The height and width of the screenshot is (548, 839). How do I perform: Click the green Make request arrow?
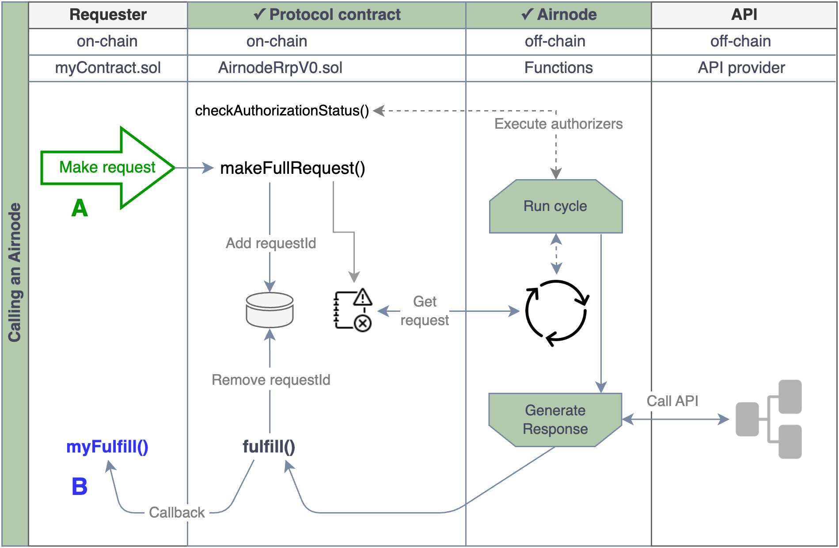tap(107, 168)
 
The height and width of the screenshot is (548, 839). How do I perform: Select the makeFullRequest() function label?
tap(292, 168)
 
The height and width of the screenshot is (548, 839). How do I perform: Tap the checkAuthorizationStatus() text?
tap(282, 111)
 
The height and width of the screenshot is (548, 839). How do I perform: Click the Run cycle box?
tap(555, 207)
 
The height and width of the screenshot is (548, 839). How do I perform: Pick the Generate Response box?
tap(555, 420)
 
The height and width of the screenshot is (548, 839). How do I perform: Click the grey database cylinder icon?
tap(270, 310)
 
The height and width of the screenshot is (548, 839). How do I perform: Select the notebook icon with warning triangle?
tap(353, 310)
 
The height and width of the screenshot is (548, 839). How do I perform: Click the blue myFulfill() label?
tap(107, 447)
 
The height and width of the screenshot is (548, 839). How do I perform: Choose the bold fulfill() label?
tap(269, 447)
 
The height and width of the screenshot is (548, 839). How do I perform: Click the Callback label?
tap(177, 513)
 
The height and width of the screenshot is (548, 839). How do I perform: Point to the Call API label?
tap(672, 401)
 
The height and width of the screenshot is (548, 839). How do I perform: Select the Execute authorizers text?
tap(558, 124)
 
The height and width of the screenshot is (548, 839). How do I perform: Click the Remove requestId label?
tap(271, 380)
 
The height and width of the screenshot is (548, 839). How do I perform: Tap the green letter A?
tap(80, 208)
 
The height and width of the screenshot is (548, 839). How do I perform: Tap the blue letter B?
tap(80, 487)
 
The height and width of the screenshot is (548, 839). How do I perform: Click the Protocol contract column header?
tap(327, 15)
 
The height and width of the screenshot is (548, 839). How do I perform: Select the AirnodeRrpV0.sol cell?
tap(280, 68)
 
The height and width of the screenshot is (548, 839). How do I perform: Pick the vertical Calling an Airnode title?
tap(15, 272)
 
